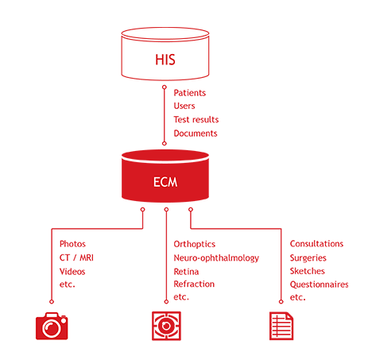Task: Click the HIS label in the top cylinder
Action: (165, 60)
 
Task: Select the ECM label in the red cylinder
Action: (165, 182)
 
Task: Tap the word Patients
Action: (190, 93)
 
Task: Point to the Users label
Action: (184, 106)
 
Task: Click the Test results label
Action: (196, 119)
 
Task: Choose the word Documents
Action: (196, 134)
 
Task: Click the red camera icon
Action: (52, 326)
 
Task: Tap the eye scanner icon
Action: (166, 326)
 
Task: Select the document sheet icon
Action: (281, 326)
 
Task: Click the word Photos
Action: (72, 244)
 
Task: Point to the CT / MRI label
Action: (76, 257)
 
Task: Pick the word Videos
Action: (72, 272)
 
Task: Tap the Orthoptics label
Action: (195, 244)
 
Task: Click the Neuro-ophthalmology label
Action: (216, 258)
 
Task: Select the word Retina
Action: (186, 272)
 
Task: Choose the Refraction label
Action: (194, 284)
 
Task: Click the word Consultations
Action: (316, 244)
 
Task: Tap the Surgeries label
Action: (308, 257)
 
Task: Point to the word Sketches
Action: (308, 271)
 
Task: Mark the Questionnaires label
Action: (320, 285)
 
